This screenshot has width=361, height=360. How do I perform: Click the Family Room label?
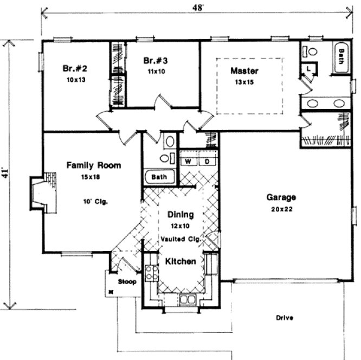click(x=94, y=165)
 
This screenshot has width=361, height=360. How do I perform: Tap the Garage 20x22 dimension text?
click(x=280, y=209)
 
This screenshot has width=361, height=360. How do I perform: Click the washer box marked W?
click(x=189, y=161)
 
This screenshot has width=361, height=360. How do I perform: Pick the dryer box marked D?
click(x=207, y=161)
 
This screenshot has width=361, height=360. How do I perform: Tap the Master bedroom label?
click(x=244, y=71)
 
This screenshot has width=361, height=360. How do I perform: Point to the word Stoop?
click(x=128, y=282)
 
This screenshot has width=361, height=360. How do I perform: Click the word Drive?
click(x=285, y=318)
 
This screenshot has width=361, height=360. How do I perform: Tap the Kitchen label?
click(x=181, y=261)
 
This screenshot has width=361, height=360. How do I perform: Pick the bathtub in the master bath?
click(x=342, y=57)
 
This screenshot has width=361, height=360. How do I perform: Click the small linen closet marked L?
click(x=308, y=69)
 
